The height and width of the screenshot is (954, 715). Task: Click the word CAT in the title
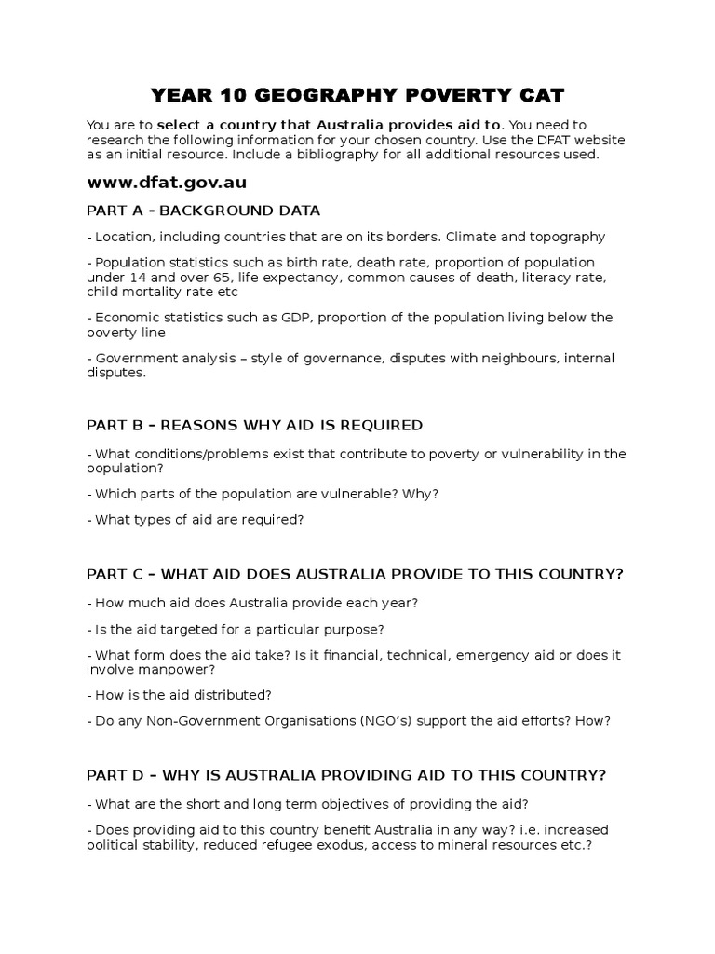coord(536,96)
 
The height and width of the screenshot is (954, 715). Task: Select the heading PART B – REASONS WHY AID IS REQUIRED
coord(254,425)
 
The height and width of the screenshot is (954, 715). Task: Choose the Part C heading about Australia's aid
coord(354,574)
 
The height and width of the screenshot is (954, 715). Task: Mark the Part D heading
coord(346,775)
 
